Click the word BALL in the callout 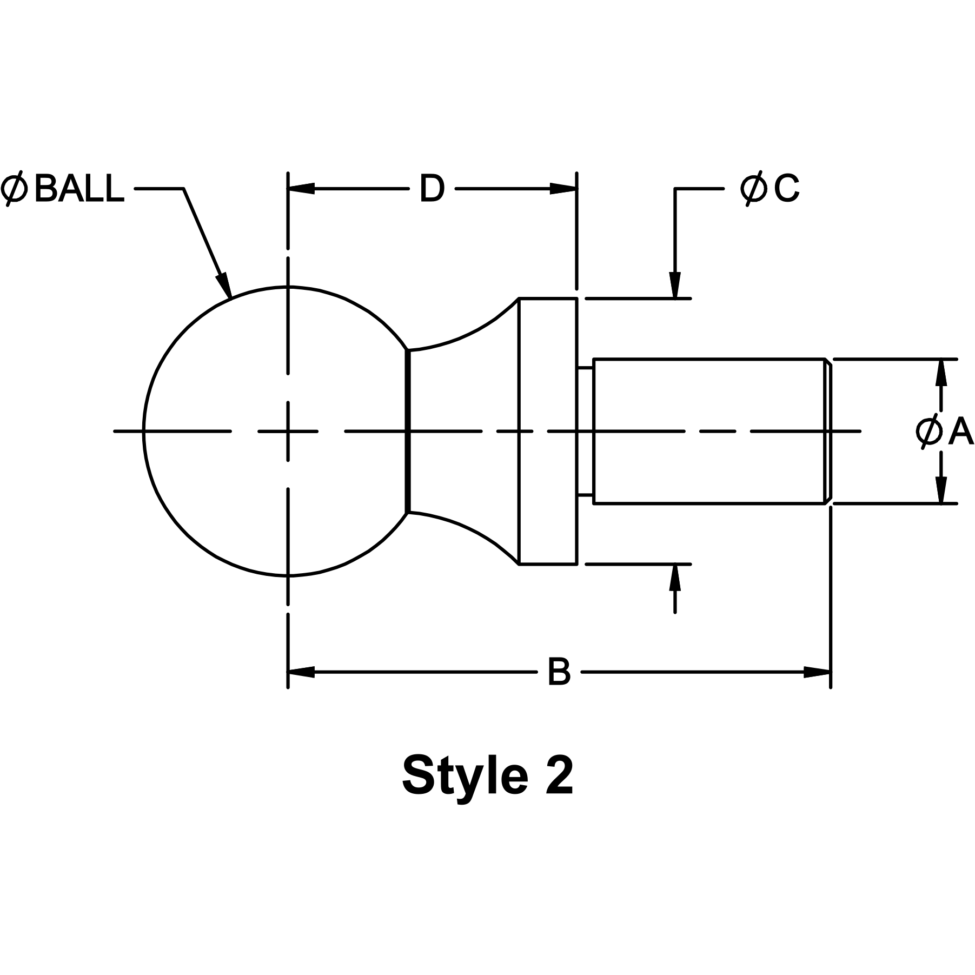(79, 189)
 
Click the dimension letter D (432, 189)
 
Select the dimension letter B (559, 672)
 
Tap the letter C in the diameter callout (786, 189)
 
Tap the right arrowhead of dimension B (817, 672)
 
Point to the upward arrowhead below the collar (674, 578)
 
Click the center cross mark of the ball (288, 431)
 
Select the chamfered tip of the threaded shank (828, 431)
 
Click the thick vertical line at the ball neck (408, 431)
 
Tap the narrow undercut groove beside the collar (585, 431)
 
